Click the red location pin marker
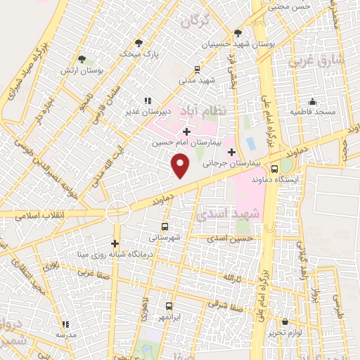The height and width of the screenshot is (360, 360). coord(181,165)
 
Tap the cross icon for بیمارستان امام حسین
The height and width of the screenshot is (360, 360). coord(186,131)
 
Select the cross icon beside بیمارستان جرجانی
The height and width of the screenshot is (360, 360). coord(231,152)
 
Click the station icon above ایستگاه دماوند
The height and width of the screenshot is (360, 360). coord(275,169)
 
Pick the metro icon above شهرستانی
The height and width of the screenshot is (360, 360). coord(165,226)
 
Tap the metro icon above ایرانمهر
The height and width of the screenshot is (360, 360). coord(169,306)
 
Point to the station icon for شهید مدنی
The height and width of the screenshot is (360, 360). coord(197,70)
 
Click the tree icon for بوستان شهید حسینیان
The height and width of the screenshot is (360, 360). coord(238,32)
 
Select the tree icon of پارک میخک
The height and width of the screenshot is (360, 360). coord(139,42)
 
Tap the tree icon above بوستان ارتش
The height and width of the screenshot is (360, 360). coord(82,59)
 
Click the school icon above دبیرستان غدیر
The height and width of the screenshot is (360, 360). coord(148,101)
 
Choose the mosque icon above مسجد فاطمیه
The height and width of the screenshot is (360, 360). coord(312,102)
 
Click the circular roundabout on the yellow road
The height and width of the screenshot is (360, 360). coord(117,210)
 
